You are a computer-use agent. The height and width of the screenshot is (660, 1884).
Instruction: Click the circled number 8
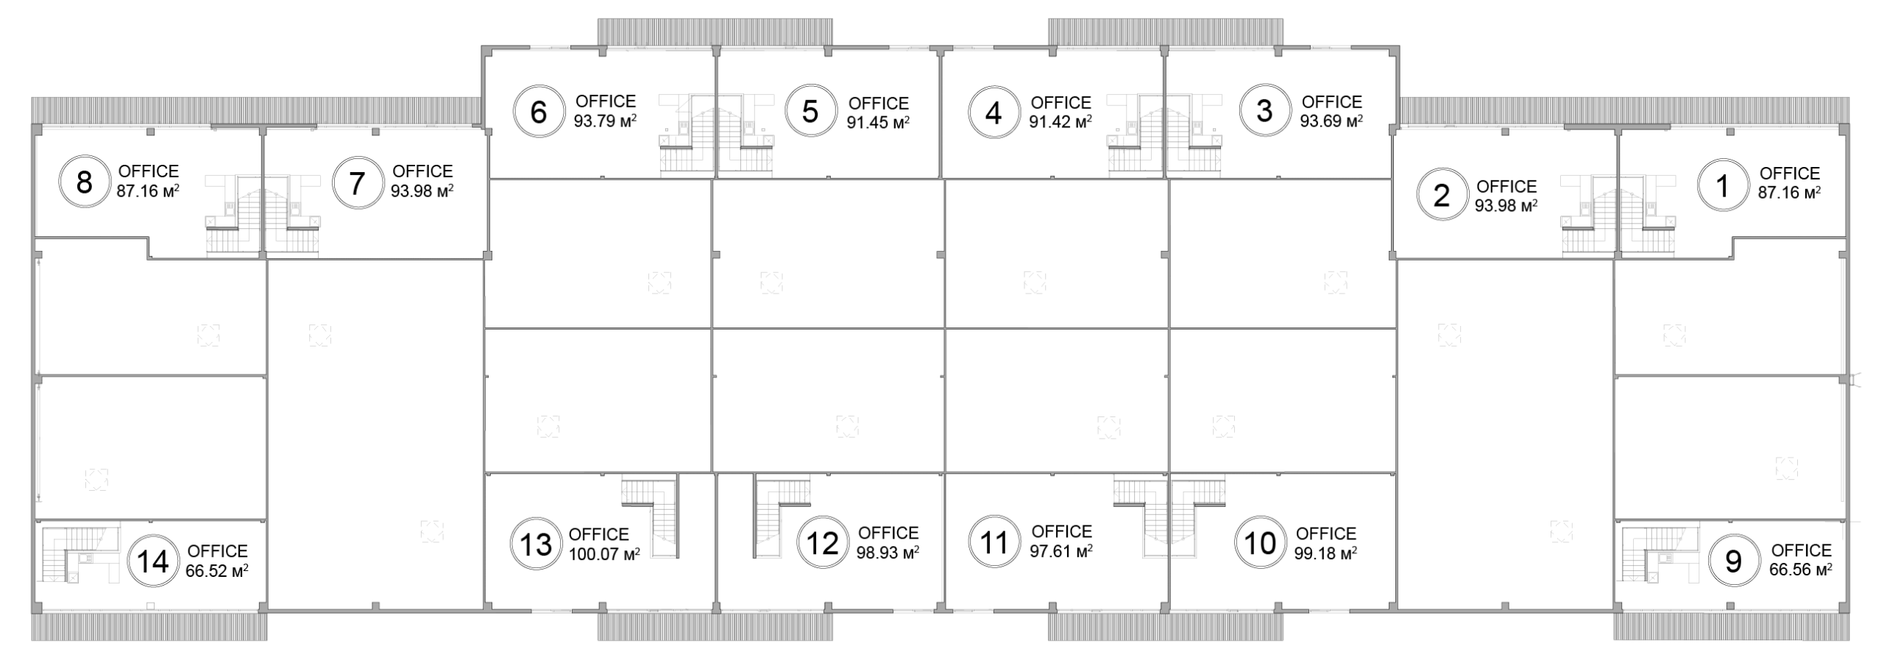coord(84,182)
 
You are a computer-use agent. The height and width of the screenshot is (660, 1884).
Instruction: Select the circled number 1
coord(1722,187)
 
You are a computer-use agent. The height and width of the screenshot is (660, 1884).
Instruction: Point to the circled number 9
coord(1733,562)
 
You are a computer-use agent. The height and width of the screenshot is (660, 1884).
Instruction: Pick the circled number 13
coord(536,545)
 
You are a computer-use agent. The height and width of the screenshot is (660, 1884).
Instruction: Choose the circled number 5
coord(810,112)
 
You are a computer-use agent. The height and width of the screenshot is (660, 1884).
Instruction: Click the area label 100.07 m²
coord(604,554)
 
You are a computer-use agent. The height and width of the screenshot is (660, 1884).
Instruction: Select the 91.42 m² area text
coord(1060,121)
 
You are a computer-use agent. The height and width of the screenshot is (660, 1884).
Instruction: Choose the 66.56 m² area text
coord(1801,569)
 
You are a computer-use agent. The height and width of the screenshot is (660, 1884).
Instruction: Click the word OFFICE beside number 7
coord(422,171)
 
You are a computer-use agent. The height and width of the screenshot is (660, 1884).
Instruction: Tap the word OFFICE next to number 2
coord(1506,187)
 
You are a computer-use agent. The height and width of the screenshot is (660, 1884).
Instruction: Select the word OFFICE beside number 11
coord(1061,531)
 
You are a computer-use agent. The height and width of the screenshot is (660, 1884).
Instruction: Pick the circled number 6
coord(539,113)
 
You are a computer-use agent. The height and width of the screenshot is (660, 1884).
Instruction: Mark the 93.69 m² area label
coord(1331,121)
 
